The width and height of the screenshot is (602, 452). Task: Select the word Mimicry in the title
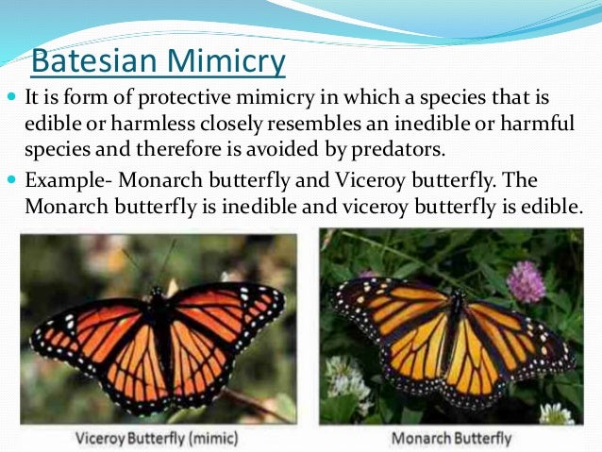226,61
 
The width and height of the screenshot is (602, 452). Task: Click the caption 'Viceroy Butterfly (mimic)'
155,439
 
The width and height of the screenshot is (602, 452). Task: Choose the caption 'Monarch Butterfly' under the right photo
451,439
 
